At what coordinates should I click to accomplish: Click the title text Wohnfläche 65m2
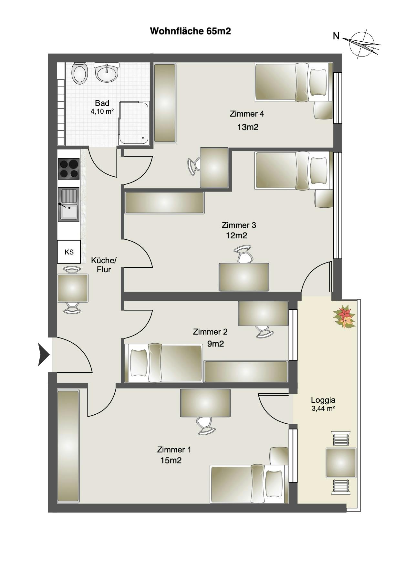pos(190,31)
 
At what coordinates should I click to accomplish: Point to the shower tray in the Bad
pos(134,123)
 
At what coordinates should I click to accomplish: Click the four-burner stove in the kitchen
pos(68,169)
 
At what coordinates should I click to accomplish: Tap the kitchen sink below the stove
pos(68,204)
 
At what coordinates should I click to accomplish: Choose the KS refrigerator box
pos(69,252)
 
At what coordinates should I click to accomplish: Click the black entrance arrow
pos(43,355)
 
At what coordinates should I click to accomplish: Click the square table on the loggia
pos(341,463)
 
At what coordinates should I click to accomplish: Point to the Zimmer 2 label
pos(210,332)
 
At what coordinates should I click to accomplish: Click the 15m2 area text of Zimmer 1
pos(171,460)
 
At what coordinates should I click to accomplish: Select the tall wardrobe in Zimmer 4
pos(165,103)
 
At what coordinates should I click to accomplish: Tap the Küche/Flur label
pos(104,265)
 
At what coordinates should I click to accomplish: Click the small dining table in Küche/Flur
pos(73,288)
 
